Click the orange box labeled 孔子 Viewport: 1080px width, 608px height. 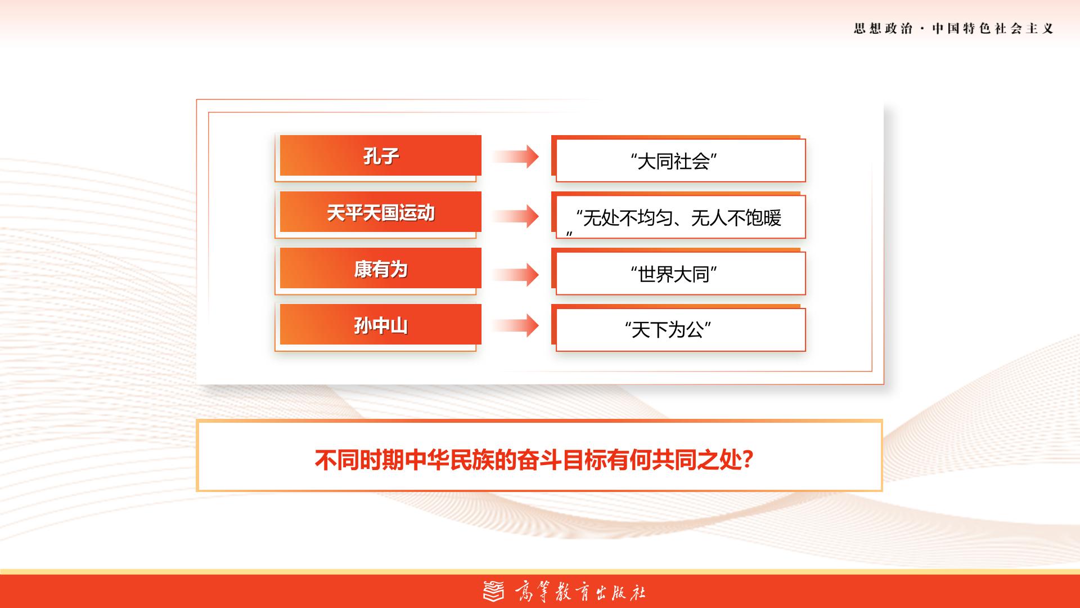pyautogui.click(x=380, y=155)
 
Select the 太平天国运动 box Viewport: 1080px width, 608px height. pyautogui.click(x=380, y=212)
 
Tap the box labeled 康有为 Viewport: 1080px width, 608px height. pyautogui.click(x=380, y=268)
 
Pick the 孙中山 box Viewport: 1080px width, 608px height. pyautogui.click(x=380, y=324)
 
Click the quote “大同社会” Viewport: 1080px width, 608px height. pyautogui.click(x=673, y=162)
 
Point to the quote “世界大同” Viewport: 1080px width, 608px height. pyautogui.click(x=673, y=274)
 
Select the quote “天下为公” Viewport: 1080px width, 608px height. pyautogui.click(x=668, y=329)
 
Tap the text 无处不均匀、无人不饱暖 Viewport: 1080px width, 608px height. pyautogui.click(x=682, y=218)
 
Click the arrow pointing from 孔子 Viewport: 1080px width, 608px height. pyautogui.click(x=516, y=157)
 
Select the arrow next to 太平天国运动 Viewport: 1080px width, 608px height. pyautogui.click(x=516, y=216)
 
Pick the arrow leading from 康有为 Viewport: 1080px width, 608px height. pyautogui.click(x=516, y=275)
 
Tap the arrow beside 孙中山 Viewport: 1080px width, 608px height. pyautogui.click(x=516, y=325)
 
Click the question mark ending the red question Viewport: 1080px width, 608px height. pyautogui.click(x=748, y=460)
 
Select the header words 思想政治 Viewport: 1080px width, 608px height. pyautogui.click(x=883, y=28)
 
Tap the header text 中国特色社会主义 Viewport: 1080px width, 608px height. pyautogui.click(x=993, y=28)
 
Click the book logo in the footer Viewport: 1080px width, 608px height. pyautogui.click(x=494, y=591)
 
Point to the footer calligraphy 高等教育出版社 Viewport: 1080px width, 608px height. pyautogui.click(x=580, y=592)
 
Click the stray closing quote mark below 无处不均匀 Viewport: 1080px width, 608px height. pyautogui.click(x=569, y=234)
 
